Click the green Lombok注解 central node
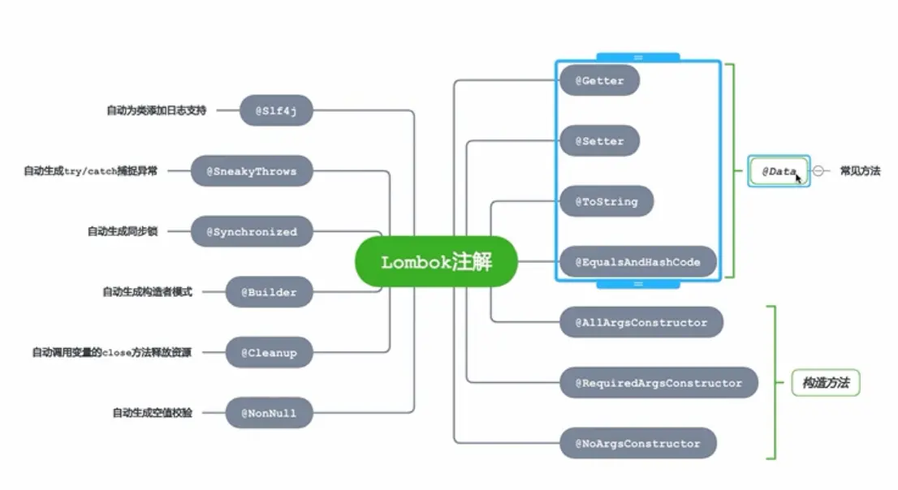click(436, 261)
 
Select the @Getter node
click(600, 80)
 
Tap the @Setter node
click(600, 141)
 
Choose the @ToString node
click(607, 201)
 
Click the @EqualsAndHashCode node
click(638, 262)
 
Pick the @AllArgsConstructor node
click(641, 322)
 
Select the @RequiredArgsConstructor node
click(658, 383)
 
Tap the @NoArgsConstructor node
click(637, 443)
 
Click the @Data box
click(779, 171)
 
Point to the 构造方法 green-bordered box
click(825, 383)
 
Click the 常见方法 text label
click(860, 171)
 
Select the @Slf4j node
click(276, 110)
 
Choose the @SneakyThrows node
click(252, 171)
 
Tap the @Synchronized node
click(252, 231)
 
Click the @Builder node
click(269, 292)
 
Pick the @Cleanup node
click(269, 353)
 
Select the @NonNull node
click(269, 413)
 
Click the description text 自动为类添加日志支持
click(156, 110)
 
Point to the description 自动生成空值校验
click(153, 413)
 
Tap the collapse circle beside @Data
click(818, 171)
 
